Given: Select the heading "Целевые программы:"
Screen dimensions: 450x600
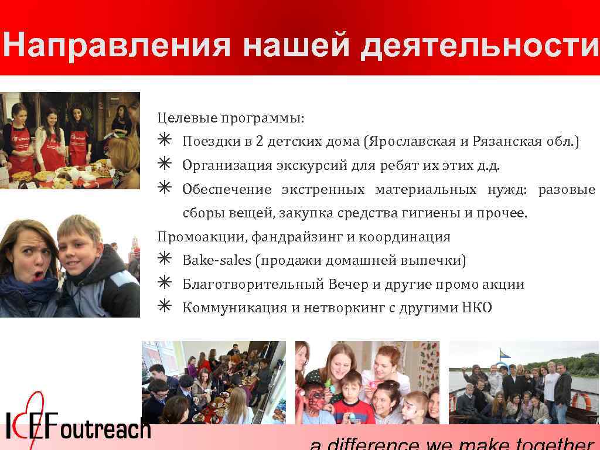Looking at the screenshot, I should (231, 118).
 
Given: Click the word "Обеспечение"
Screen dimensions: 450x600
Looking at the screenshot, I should (227, 190).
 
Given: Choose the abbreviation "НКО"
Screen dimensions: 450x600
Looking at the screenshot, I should (476, 308).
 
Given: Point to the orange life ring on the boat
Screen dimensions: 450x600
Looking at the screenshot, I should (581, 401).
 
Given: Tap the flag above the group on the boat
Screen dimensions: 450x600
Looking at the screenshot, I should (504, 353).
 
